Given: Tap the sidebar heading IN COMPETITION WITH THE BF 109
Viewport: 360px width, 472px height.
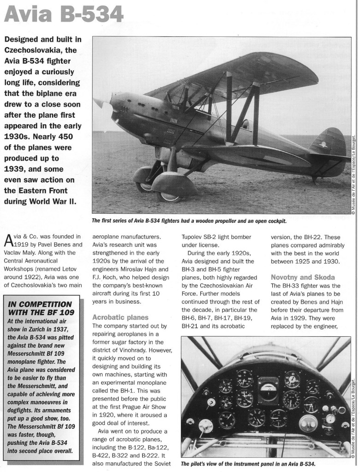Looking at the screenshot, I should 41,308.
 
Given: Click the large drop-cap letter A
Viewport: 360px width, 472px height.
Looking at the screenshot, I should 8,240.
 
